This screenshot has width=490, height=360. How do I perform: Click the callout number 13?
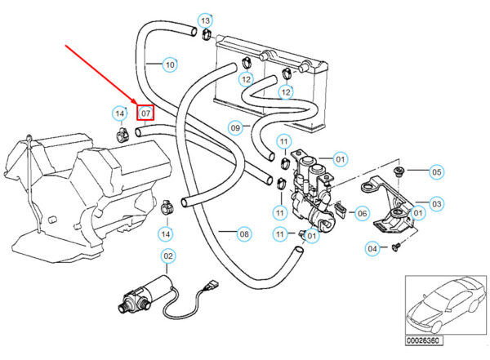tap(205, 20)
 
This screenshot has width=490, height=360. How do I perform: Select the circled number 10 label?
tap(170, 64)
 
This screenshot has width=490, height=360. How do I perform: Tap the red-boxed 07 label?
tap(145, 112)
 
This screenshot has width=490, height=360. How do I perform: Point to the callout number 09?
tap(234, 127)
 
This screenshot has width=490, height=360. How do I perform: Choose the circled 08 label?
tap(243, 235)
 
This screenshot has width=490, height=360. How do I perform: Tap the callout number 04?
tap(372, 247)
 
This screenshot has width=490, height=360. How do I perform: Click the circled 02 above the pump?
tap(168, 257)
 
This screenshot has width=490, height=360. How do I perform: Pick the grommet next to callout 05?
tap(399, 171)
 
